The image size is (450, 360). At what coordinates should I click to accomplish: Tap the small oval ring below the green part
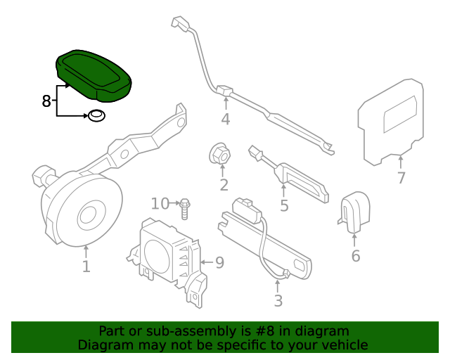96,115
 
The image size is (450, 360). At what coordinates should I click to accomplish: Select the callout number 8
46,101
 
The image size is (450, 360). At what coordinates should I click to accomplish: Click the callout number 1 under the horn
86,267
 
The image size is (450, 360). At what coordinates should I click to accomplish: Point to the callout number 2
224,186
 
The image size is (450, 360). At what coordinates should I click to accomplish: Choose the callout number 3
278,302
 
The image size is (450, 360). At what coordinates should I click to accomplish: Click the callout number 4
225,120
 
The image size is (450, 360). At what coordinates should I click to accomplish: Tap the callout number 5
284,206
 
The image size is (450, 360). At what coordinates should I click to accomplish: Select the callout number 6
356,256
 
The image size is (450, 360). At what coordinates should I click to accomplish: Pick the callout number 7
401,178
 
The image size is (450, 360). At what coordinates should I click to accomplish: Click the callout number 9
219,263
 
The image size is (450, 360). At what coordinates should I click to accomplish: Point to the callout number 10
160,204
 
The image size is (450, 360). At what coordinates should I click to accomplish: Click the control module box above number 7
392,120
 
